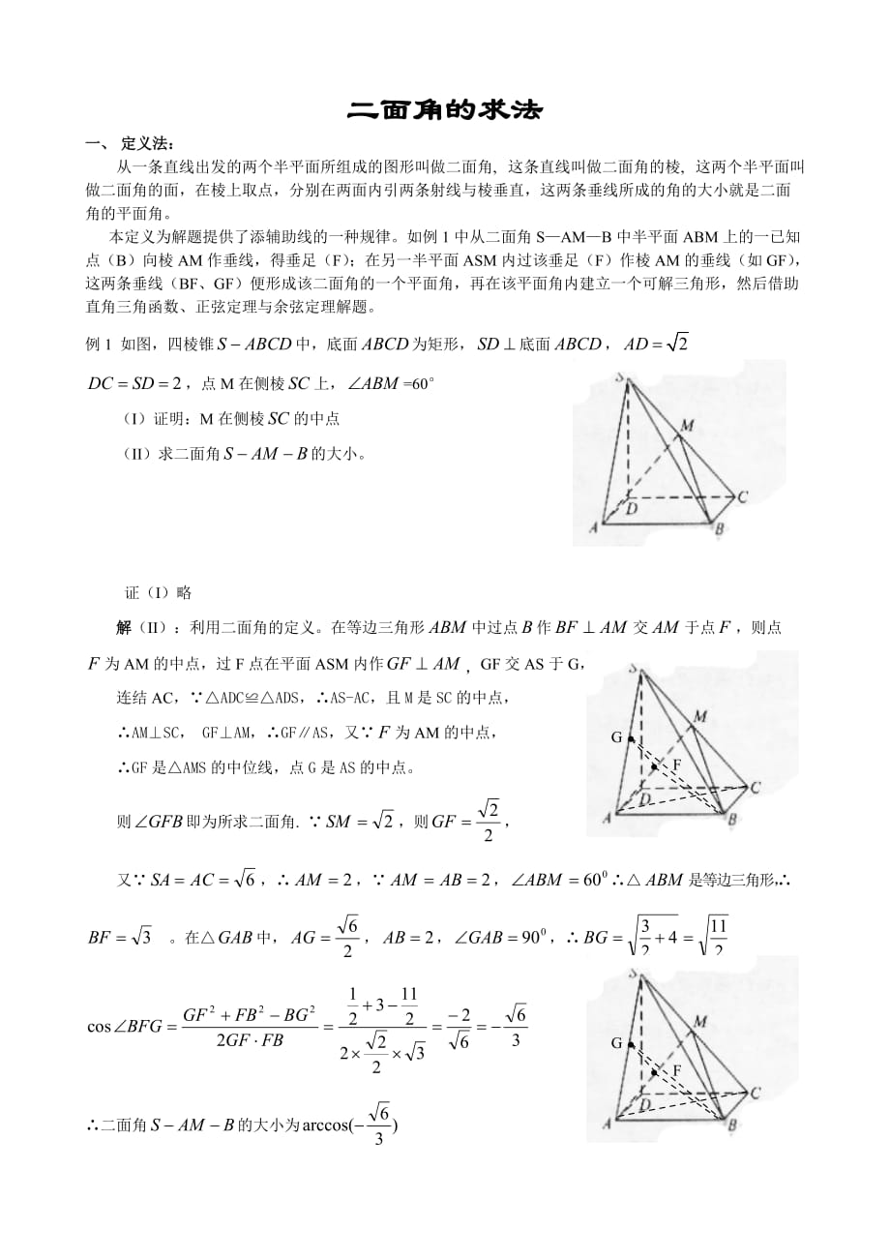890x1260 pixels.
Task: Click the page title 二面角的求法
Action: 445,111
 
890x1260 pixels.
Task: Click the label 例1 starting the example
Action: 100,345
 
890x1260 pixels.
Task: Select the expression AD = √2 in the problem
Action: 656,343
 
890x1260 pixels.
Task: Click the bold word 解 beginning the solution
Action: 124,627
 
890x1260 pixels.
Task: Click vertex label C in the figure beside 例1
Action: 742,498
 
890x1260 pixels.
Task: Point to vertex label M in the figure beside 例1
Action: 687,425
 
